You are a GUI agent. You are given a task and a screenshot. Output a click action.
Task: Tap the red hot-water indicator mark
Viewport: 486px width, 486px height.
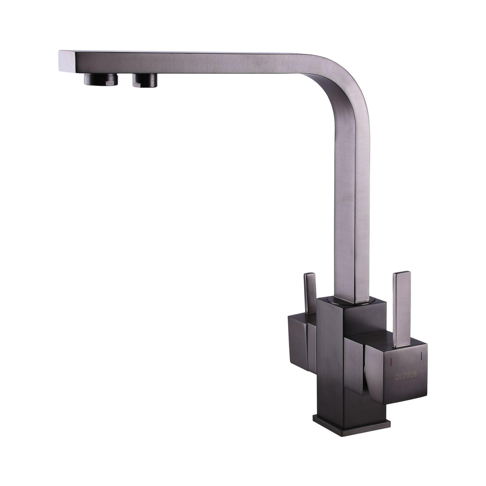(x=391, y=361)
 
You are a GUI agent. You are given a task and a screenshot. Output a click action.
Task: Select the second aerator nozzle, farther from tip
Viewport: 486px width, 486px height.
(x=145, y=80)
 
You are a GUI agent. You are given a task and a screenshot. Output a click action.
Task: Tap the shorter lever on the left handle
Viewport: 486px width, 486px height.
(x=310, y=293)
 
